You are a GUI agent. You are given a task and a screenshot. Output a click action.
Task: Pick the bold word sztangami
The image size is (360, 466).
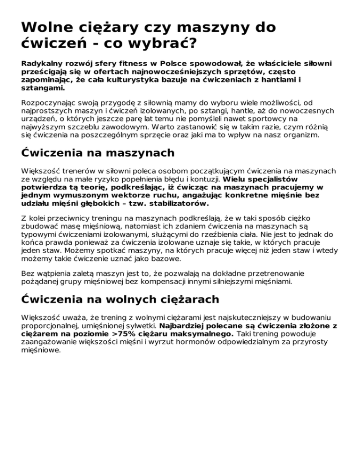(x=43, y=87)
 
